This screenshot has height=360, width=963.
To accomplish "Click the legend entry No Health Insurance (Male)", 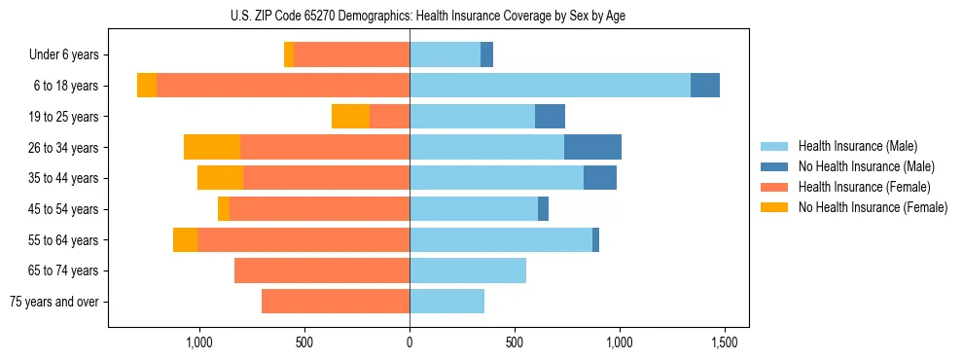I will (x=866, y=166).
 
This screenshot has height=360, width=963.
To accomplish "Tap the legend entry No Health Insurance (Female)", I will (x=873, y=207).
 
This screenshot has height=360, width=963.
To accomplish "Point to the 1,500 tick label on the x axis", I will (x=725, y=343).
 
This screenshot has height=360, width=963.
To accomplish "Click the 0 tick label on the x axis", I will (x=410, y=343).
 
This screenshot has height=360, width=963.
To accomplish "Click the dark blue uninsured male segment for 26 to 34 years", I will (x=592, y=147).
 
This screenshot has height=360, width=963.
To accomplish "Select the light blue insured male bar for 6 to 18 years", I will (x=550, y=86).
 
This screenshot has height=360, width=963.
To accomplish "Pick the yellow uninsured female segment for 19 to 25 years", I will (x=350, y=117).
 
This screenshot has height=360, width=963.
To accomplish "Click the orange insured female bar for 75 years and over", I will (x=336, y=302).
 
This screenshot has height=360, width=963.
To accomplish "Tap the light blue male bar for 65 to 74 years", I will (x=468, y=270).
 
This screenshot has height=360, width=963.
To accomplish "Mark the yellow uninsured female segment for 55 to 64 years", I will (x=185, y=239).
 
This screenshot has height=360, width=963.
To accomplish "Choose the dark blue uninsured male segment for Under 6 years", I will (x=486, y=54).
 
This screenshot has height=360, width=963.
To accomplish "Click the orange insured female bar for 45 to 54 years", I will (x=319, y=209).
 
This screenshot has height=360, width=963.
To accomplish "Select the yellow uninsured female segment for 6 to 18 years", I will (x=147, y=86).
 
